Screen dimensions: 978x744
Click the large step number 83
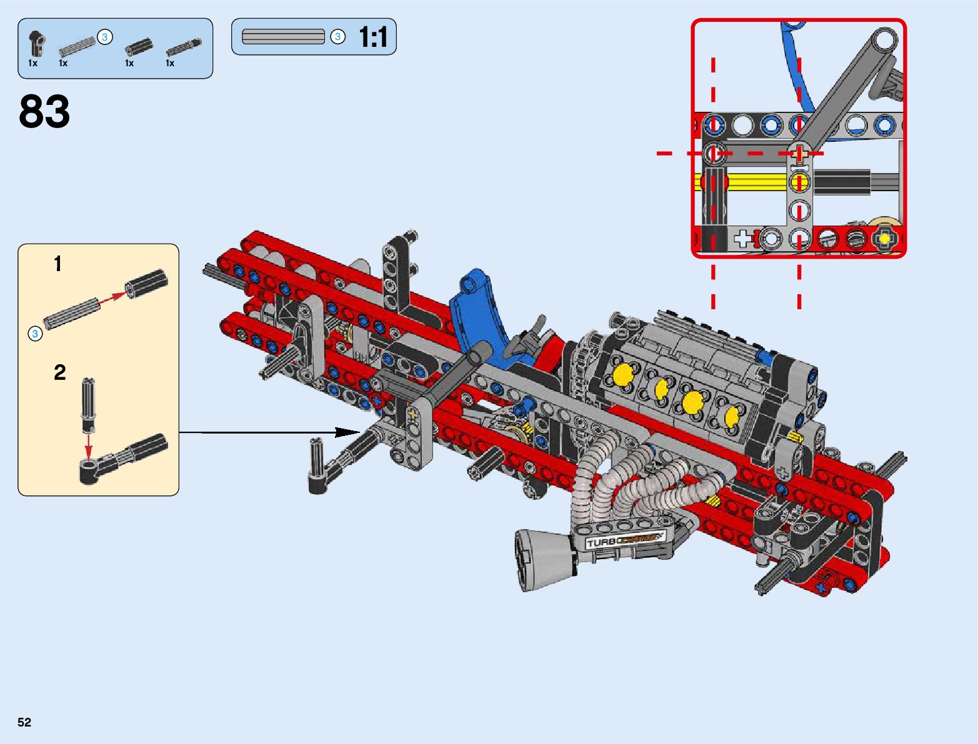(x=44, y=111)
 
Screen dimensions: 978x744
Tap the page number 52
(x=24, y=722)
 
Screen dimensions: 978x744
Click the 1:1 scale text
(x=373, y=36)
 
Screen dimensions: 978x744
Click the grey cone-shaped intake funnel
(x=544, y=559)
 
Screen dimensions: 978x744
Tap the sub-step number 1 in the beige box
(x=57, y=264)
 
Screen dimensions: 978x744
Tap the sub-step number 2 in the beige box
(x=60, y=372)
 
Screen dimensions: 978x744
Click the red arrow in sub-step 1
(x=112, y=297)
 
